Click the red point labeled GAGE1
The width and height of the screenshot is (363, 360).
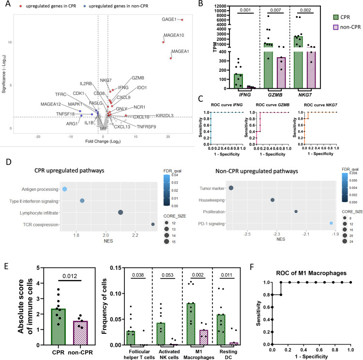tap(182, 20)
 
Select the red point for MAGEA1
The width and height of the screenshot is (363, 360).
tap(170, 58)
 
